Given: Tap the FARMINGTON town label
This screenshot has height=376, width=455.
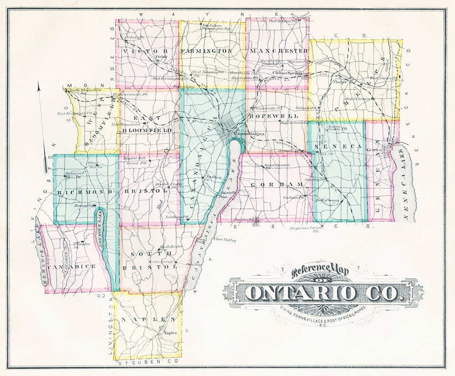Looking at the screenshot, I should [x=207, y=51].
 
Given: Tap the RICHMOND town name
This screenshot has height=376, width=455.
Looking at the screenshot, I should [x=85, y=192].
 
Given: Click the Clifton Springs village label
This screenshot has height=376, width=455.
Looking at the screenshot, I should [x=288, y=72].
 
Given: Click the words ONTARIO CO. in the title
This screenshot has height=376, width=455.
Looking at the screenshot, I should [x=324, y=293].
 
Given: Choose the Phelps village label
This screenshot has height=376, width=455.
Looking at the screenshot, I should [x=340, y=82].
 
